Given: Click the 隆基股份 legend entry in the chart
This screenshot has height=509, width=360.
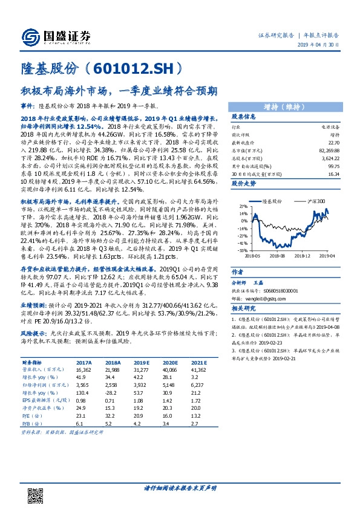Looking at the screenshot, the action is [271, 200].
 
